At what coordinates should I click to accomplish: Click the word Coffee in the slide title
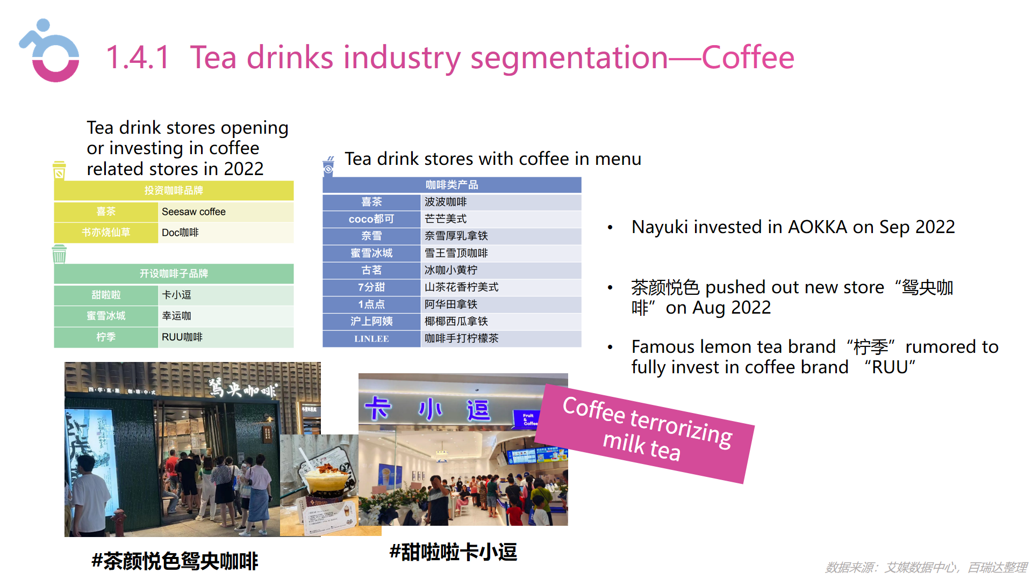pos(748,57)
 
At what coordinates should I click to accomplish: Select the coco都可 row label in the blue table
pos(371,219)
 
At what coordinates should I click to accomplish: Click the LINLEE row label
pos(371,339)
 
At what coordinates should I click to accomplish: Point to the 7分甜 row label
pos(371,287)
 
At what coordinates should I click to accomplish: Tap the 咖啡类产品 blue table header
pos(451,185)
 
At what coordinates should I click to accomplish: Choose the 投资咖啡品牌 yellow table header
pos(174,191)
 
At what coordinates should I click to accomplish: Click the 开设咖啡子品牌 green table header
pos(174,274)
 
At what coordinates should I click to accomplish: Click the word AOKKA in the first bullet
pos(817,227)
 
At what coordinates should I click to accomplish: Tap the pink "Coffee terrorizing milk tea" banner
pos(645,433)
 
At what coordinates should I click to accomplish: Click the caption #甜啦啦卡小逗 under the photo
pos(453,552)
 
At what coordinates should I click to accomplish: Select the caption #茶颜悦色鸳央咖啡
pos(175,561)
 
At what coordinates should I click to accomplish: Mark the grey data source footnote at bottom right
pos(926,568)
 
